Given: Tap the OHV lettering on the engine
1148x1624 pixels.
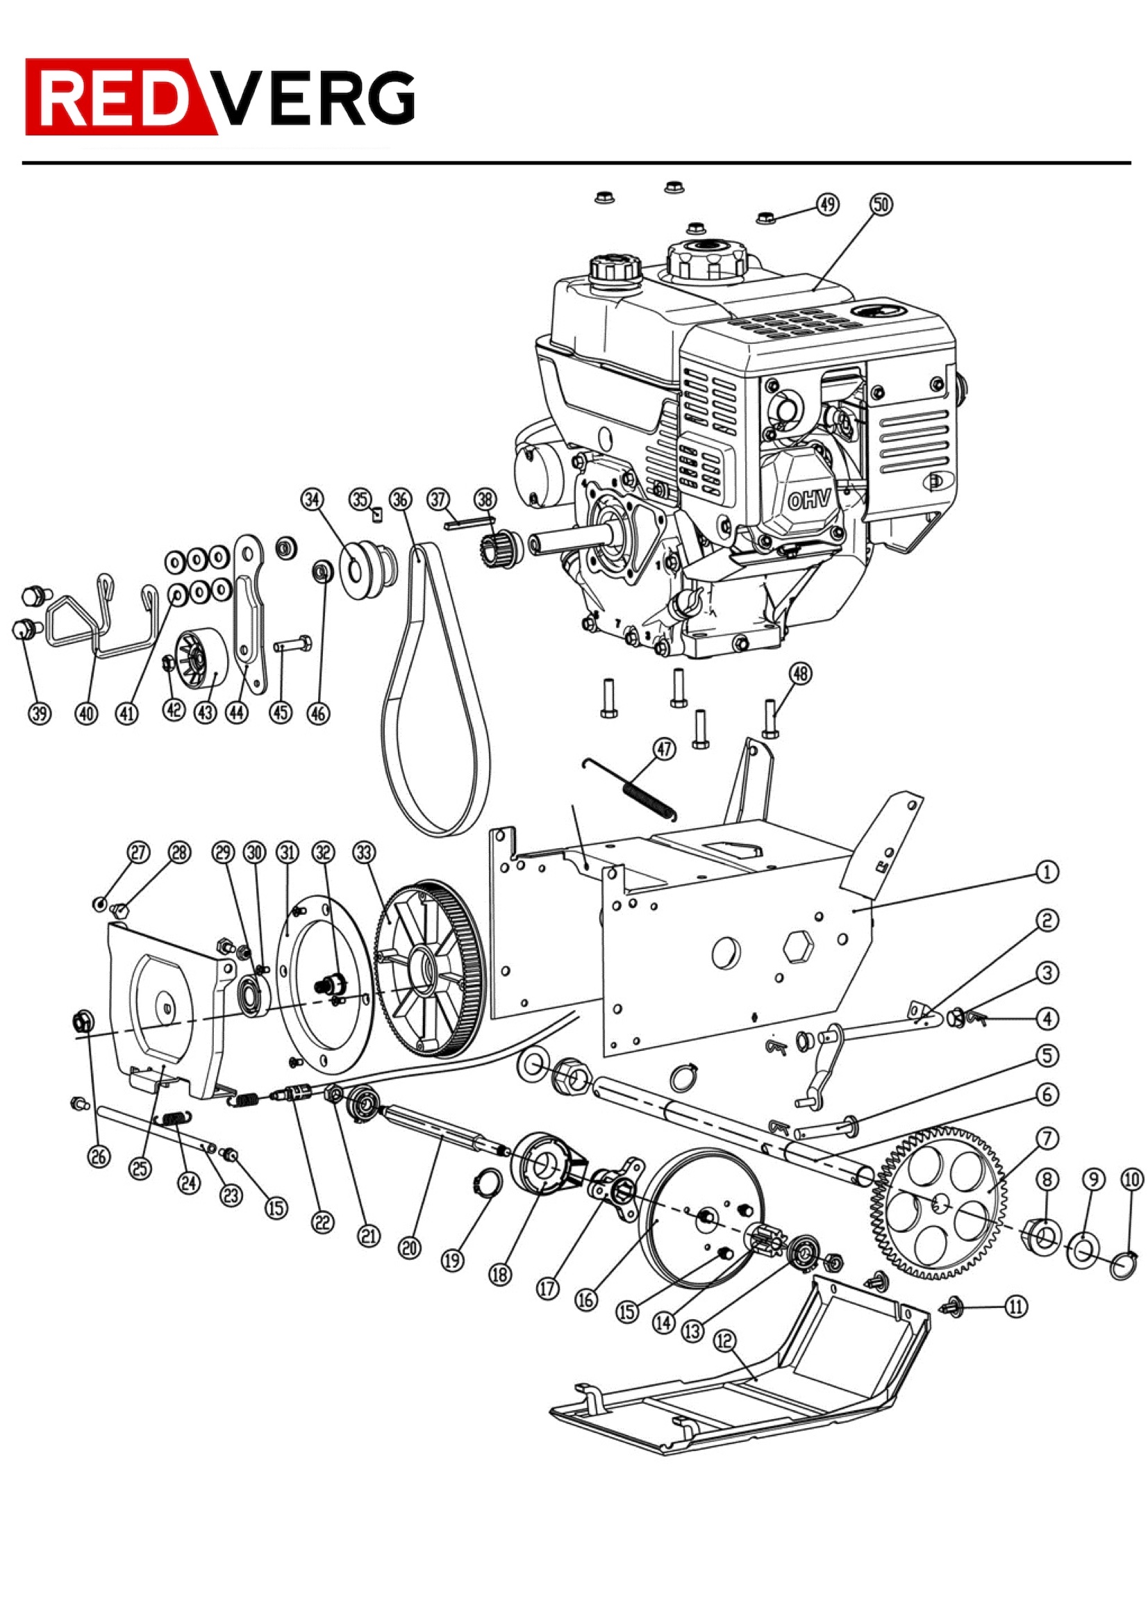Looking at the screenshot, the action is [x=809, y=501].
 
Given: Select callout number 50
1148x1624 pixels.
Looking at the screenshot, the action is [x=881, y=204].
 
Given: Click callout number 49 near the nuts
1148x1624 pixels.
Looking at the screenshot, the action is [x=828, y=204].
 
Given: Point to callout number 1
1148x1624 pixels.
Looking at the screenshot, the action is [x=1047, y=872].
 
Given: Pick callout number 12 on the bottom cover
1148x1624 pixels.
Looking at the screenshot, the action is [x=725, y=1341].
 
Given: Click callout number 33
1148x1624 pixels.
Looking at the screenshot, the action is [x=364, y=852].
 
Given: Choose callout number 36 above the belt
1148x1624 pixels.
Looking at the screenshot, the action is [x=400, y=499].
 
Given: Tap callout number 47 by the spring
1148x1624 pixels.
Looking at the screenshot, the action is [x=664, y=748].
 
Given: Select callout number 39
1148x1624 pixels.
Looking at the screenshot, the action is [x=40, y=713].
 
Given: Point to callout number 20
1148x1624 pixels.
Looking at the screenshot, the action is [x=410, y=1248].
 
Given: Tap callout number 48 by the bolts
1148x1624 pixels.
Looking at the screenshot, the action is [x=800, y=673].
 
